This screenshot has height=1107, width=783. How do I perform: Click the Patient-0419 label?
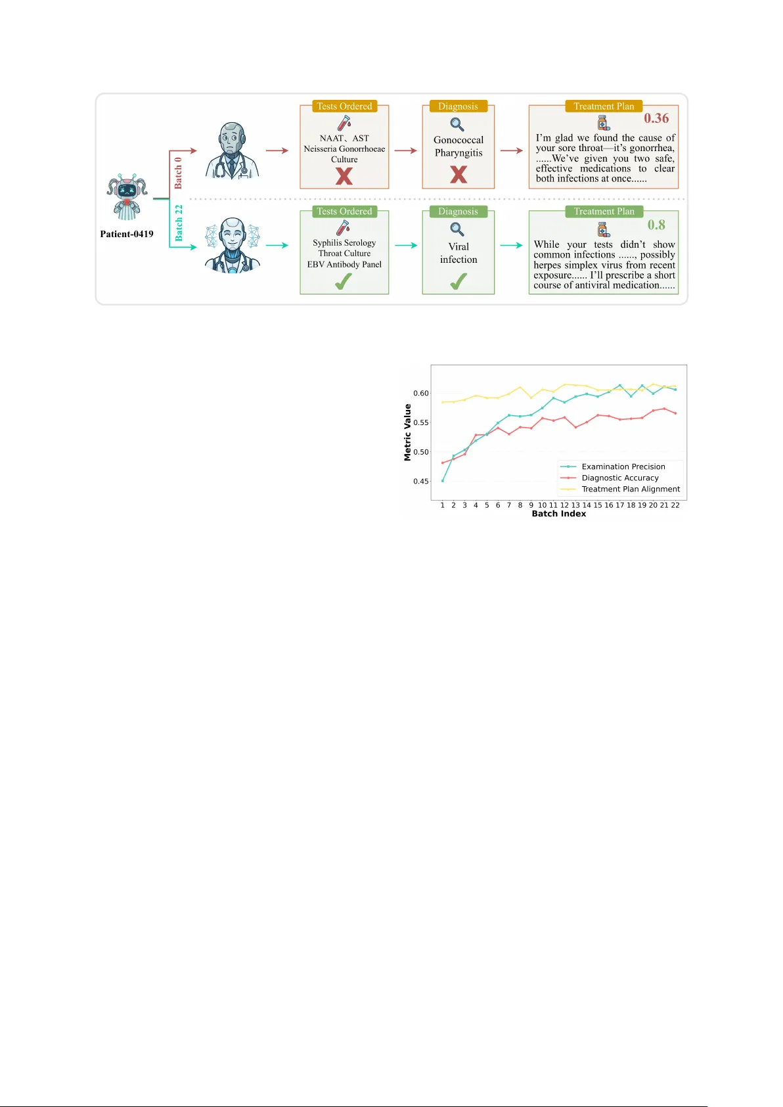coord(127,234)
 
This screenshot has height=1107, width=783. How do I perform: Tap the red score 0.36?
coord(656,118)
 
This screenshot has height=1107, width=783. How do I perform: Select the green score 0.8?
coord(656,225)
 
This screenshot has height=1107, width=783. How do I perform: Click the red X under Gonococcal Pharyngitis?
coord(459,174)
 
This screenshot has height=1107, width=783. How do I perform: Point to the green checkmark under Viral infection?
coord(459,281)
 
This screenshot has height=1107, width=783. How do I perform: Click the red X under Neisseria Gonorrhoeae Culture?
coord(344,176)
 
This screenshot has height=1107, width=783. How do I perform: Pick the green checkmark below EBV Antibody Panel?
coord(344,281)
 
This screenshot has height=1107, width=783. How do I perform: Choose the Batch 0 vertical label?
coord(178,173)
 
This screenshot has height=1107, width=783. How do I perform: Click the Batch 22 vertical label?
coord(179,223)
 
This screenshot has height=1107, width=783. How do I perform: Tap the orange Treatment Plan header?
coord(604,106)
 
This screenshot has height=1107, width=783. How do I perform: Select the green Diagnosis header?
coord(458,212)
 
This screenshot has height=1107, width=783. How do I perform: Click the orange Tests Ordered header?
coord(344,106)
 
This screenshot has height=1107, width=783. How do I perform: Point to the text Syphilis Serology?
coord(344,242)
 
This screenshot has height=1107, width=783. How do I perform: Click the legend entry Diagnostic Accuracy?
coord(620,478)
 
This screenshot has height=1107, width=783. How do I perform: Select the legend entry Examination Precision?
coord(623,466)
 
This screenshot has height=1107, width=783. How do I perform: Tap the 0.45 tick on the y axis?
coord(420,482)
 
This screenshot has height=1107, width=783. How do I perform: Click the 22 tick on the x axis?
coord(675,505)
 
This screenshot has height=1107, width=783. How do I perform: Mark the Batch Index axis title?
coord(558,514)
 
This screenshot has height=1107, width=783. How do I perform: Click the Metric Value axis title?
coord(407,432)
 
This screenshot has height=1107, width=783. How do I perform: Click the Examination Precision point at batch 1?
coord(443,481)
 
